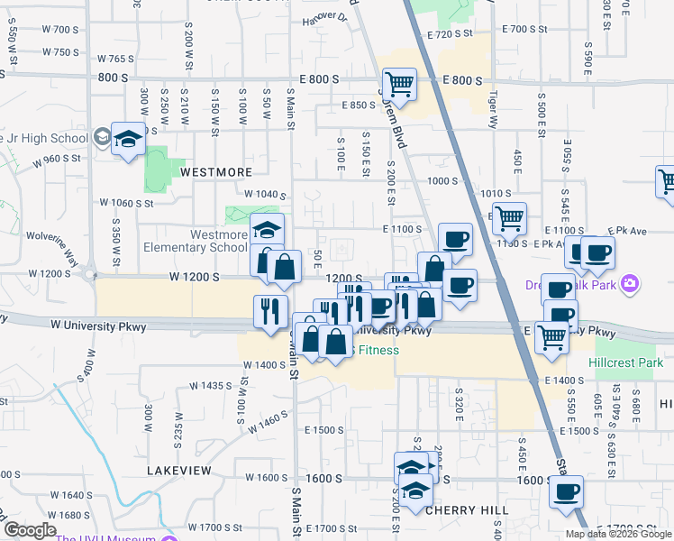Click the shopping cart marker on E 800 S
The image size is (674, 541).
point(398,85)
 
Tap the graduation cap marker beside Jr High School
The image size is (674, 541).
point(128,139)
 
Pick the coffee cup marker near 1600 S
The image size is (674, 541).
point(567,491)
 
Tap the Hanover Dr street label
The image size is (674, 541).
point(324,18)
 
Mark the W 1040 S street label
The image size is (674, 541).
point(265,195)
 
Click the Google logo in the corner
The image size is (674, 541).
point(29,530)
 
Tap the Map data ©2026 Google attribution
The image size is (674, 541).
point(618,534)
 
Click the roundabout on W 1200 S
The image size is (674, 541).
point(89,273)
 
